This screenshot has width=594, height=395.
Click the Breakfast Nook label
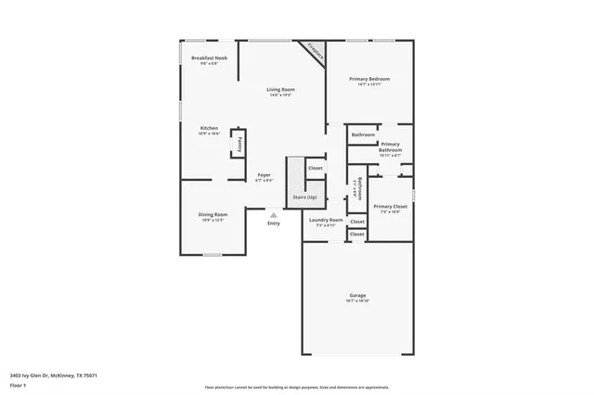(x=209, y=57)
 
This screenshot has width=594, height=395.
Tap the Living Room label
(x=280, y=89)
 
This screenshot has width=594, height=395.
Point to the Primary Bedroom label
(x=369, y=79)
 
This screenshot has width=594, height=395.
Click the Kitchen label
(x=209, y=128)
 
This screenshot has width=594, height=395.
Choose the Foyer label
(x=265, y=174)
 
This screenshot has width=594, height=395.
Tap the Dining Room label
(x=213, y=215)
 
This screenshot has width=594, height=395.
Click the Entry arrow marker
(x=273, y=215)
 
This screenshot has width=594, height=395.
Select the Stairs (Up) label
(x=304, y=197)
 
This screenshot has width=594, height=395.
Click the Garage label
(x=357, y=296)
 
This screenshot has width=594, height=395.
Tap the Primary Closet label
(x=390, y=206)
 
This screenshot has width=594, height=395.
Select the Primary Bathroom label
(x=390, y=147)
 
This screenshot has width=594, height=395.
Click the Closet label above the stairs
(x=315, y=168)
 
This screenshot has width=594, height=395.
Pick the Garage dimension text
(x=357, y=301)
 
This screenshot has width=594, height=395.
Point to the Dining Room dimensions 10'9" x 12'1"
(x=213, y=221)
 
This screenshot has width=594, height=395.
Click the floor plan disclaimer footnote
(x=309, y=386)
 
